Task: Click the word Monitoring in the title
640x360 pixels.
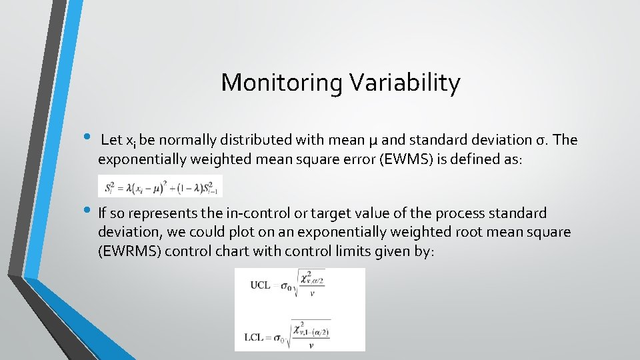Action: click(281, 83)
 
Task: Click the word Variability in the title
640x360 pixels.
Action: click(403, 83)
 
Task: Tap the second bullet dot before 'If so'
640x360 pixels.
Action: click(91, 211)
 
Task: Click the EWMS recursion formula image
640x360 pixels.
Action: click(160, 187)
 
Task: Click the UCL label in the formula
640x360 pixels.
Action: click(260, 285)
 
